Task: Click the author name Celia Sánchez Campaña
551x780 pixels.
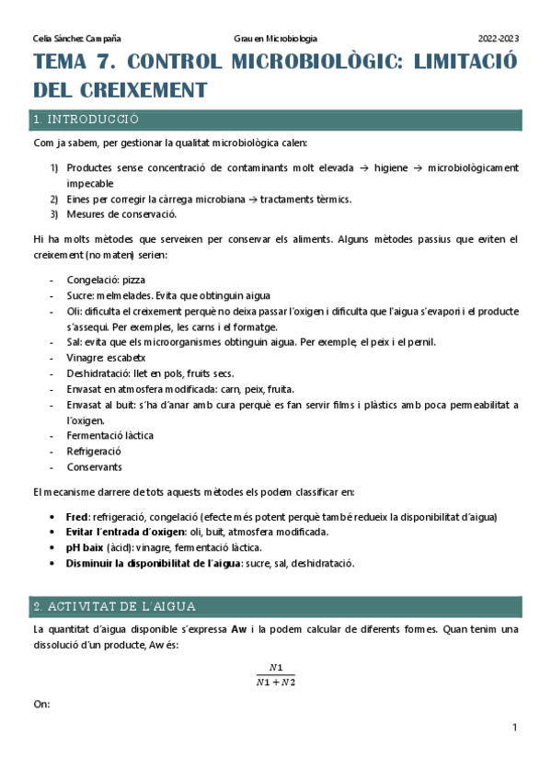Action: tap(76, 39)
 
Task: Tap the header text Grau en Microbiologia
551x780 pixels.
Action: tap(275, 39)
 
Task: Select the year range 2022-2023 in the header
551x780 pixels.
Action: tap(498, 39)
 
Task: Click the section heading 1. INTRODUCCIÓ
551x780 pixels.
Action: tap(86, 120)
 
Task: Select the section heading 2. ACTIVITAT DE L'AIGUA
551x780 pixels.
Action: tap(113, 607)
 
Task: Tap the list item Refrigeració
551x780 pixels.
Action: tap(94, 451)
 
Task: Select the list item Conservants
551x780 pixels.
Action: tap(94, 466)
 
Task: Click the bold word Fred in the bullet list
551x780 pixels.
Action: tap(77, 517)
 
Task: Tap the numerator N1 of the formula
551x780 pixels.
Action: tap(276, 667)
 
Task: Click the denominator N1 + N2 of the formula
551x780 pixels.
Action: tap(276, 682)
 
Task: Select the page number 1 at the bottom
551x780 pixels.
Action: tap(515, 728)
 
